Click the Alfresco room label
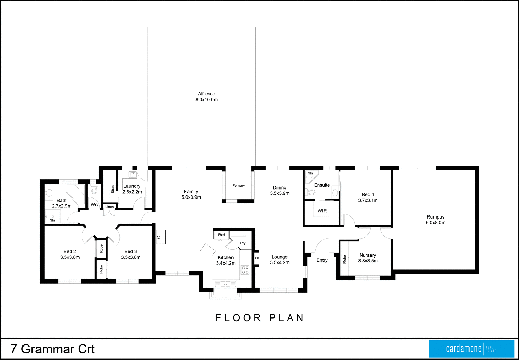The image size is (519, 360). tap(207, 94)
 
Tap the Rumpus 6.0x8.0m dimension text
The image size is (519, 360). tap(436, 223)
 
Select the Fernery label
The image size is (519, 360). tap(238, 186)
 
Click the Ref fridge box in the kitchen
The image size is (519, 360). tap(221, 235)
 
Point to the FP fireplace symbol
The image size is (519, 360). tap(257, 258)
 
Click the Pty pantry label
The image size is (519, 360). tap(243, 243)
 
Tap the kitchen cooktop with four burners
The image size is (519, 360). tap(245, 270)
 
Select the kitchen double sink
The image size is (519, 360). tap(226, 284)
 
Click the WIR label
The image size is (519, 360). tap(322, 211)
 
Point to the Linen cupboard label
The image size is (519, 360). tap(110, 207)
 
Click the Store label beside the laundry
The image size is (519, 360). tap(113, 189)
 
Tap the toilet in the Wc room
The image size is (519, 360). tap(94, 190)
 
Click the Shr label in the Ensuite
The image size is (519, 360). tap(311, 173)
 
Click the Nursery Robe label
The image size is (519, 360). tap(344, 259)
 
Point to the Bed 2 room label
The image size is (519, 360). tap(70, 251)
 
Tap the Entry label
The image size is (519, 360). tap(322, 260)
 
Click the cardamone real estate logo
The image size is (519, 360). tap(471, 349)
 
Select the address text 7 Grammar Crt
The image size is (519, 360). tap(53, 349)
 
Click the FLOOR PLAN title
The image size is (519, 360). tap(260, 318)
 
